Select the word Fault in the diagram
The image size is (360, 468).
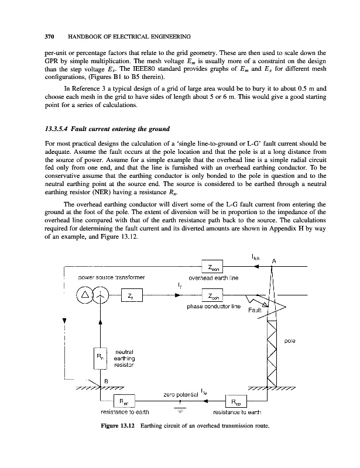[x=256, y=309]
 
